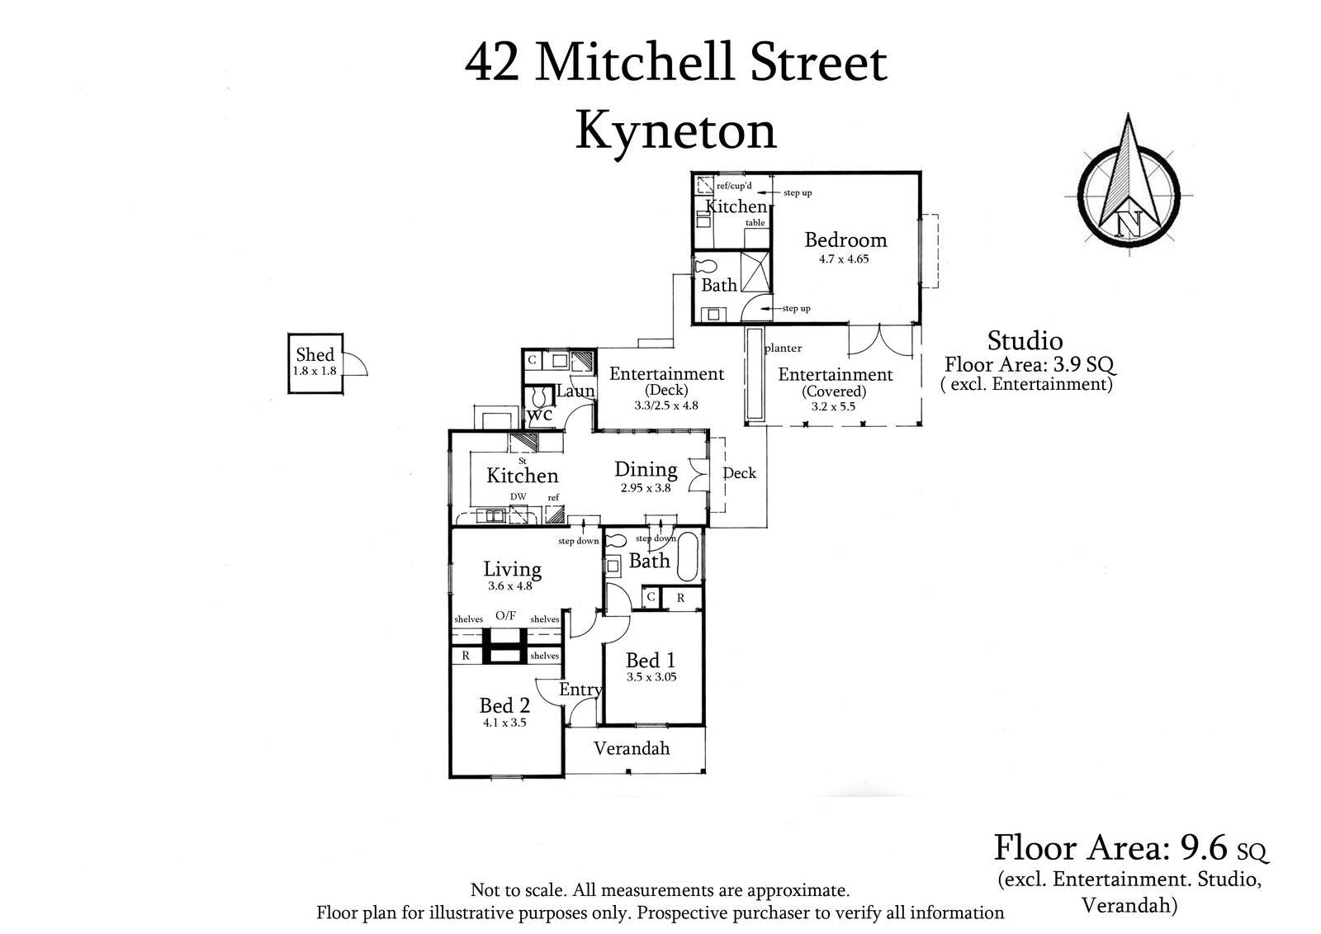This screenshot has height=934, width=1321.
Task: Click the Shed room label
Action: (315, 354)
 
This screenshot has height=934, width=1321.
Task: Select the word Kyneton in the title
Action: (675, 130)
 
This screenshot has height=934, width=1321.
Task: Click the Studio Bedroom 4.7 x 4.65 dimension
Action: (845, 258)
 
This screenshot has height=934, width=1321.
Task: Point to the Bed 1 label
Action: (651, 661)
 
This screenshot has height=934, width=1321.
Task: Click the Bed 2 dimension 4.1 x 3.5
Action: (504, 722)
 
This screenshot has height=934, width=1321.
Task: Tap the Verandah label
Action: (632, 748)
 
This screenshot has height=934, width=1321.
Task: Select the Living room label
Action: (512, 569)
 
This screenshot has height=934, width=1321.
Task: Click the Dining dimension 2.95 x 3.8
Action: (646, 487)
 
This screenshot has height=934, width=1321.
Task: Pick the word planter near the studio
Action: (783, 348)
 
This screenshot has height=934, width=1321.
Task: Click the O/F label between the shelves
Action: (505, 615)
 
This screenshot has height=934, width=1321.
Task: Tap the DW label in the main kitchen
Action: (518, 496)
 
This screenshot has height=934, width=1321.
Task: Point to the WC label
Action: (539, 415)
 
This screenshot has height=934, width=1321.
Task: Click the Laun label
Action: (575, 391)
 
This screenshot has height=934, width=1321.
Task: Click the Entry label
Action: (580, 690)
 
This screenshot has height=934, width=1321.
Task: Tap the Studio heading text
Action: (1025, 340)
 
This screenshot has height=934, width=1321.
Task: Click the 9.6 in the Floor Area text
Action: (1208, 847)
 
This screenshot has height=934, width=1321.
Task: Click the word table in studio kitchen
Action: (755, 223)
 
